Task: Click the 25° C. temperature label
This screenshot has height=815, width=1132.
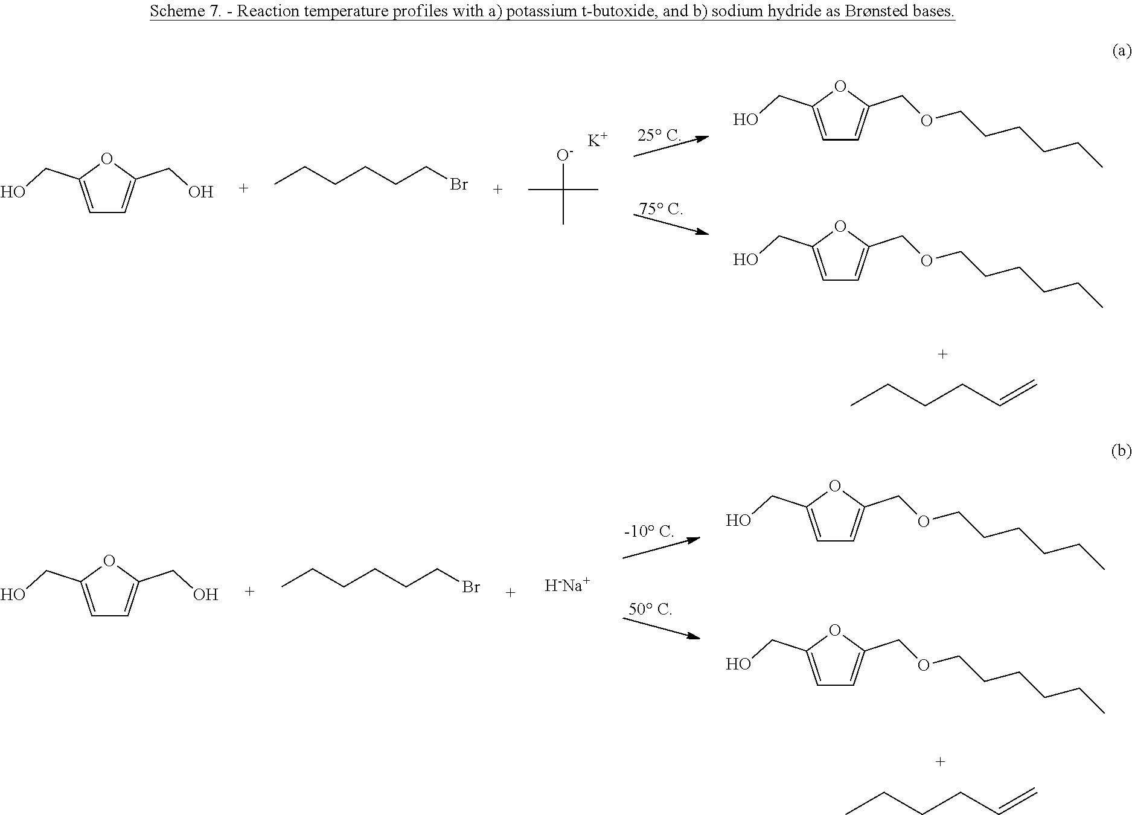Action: (x=659, y=136)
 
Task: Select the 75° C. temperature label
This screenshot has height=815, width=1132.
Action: (x=661, y=209)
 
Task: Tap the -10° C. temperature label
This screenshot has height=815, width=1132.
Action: (x=648, y=532)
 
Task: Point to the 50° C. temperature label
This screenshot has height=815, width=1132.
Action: (x=650, y=609)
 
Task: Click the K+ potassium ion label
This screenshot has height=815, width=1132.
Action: (x=597, y=141)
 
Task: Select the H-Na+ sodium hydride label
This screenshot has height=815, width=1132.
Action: (x=567, y=586)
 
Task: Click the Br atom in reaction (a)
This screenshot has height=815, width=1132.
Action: (x=459, y=184)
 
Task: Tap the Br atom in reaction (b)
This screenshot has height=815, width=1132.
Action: (x=471, y=587)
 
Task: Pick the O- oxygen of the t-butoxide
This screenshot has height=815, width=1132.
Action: (x=564, y=155)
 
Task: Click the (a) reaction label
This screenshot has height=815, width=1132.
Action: (x=1121, y=51)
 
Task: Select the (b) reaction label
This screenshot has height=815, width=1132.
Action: (x=1121, y=452)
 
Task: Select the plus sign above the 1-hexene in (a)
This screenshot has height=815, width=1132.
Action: (x=942, y=354)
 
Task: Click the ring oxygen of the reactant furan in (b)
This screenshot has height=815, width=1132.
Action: (x=109, y=561)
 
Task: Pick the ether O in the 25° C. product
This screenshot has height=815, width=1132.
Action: (x=926, y=120)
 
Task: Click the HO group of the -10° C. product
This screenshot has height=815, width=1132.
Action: (x=738, y=520)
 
